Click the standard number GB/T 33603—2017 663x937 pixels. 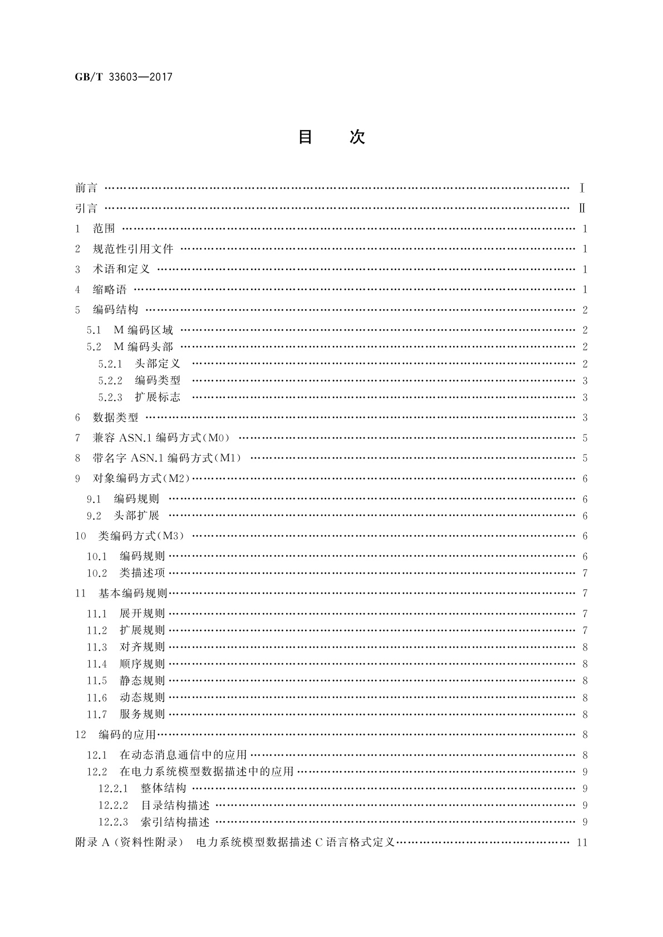pos(124,77)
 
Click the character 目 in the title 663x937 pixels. pos(305,137)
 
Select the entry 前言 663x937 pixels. pos(86,188)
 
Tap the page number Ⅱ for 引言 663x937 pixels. pos(582,209)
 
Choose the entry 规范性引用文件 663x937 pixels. pos(133,249)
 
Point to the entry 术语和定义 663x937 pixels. pos(121,269)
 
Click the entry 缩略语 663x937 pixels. pos(110,289)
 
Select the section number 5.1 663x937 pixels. pos(94,331)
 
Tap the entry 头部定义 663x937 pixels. pos(158,364)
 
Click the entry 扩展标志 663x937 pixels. pos(158,397)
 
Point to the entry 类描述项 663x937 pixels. pos(142,573)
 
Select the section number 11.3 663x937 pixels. pos(96,647)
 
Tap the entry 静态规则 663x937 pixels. pos(142,680)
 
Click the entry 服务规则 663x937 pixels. pos(142,714)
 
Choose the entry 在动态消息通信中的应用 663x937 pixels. pos(183,755)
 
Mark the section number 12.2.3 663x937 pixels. pos(113,822)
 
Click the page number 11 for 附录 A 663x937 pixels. pos(582,842)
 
